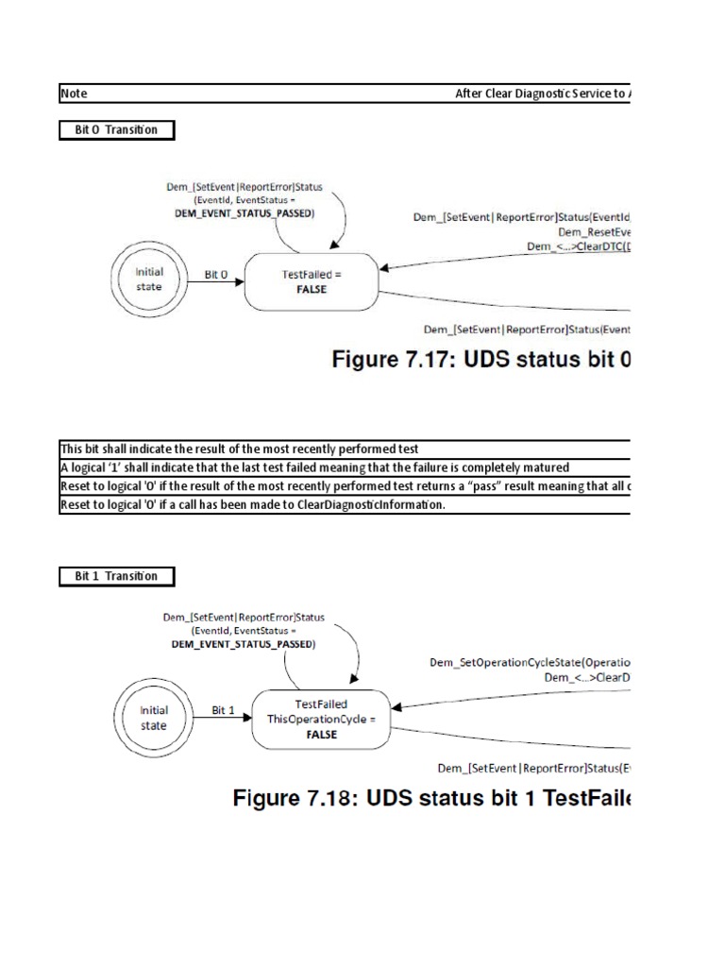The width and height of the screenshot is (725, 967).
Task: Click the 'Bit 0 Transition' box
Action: [117, 130]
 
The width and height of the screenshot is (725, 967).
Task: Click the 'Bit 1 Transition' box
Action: [117, 576]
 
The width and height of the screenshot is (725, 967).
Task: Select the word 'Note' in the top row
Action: [74, 93]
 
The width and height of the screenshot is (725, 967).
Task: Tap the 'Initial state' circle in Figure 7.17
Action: [149, 280]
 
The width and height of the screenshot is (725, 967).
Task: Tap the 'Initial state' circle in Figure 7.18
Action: [153, 718]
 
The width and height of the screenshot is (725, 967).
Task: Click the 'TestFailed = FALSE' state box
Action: [312, 281]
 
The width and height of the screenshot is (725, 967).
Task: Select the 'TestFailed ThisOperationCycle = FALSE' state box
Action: [321, 718]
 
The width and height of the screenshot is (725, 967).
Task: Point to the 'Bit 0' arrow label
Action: [216, 275]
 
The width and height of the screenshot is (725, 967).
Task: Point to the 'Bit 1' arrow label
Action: [224, 710]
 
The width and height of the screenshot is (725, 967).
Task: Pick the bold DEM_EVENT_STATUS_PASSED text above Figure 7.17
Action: [244, 213]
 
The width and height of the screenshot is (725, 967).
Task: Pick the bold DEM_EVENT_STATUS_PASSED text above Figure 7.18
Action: [243, 644]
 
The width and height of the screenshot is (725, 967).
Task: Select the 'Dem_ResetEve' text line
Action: [593, 231]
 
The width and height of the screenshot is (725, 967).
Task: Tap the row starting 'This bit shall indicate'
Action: [240, 449]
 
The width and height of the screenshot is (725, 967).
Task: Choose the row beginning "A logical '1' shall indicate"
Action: [314, 467]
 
